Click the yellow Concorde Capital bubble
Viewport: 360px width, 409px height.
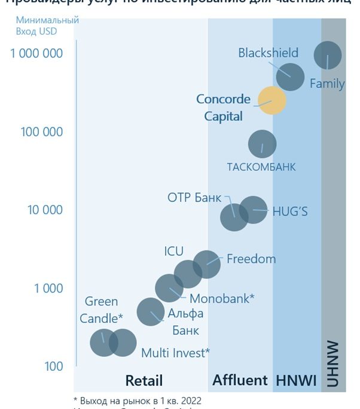click(x=272, y=100)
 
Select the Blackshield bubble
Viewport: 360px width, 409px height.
click(x=291, y=76)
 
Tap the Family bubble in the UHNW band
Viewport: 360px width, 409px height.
click(x=328, y=56)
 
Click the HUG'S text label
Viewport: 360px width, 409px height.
click(x=290, y=211)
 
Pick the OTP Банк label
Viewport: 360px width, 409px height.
click(x=194, y=198)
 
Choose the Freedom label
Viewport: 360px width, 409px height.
click(x=251, y=259)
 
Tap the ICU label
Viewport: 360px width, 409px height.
click(x=173, y=251)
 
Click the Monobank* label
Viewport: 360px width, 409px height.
click(x=222, y=298)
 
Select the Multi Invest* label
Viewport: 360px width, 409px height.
click(x=175, y=353)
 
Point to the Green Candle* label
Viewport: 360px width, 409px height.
click(x=101, y=310)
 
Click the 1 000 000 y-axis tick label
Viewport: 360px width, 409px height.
click(x=36, y=53)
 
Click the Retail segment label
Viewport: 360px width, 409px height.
click(x=144, y=380)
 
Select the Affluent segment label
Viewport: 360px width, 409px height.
click(x=240, y=380)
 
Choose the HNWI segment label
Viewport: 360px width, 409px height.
click(x=296, y=380)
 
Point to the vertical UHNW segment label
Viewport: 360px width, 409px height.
click(x=333, y=364)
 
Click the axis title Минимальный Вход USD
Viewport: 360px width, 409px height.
click(x=56, y=26)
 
